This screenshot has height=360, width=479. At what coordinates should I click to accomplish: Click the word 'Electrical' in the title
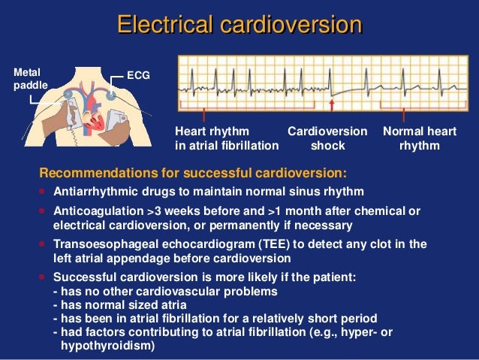point(164,24)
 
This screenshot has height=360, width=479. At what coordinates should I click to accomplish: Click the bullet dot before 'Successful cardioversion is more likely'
point(42,277)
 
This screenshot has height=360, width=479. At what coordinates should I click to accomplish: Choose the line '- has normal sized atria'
point(120,304)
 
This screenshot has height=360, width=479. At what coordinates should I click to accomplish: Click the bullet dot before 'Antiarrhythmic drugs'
point(42,190)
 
